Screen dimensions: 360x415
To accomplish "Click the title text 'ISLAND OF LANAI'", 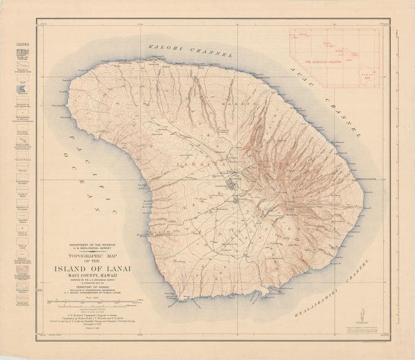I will coord(94,268).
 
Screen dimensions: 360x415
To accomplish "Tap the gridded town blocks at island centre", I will coord(230,186).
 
